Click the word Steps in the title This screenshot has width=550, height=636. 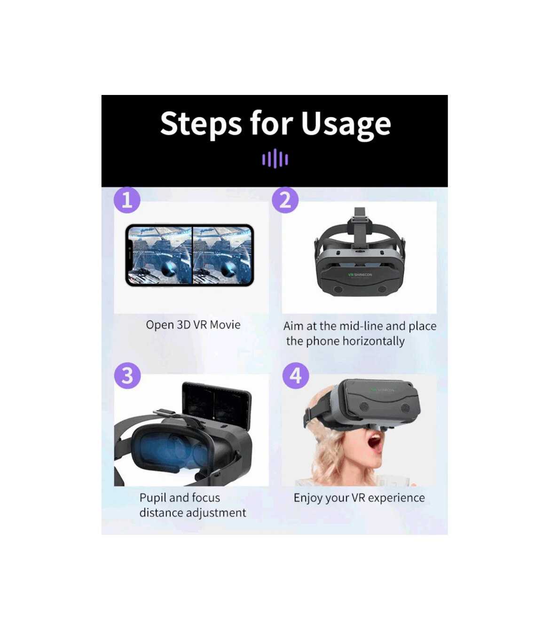(x=201, y=124)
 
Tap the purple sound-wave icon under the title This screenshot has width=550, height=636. (x=275, y=159)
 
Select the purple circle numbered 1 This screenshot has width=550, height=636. (x=127, y=200)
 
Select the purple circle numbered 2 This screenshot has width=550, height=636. (x=285, y=200)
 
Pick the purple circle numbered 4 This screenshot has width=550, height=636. (x=296, y=376)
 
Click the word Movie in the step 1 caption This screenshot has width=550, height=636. (x=225, y=325)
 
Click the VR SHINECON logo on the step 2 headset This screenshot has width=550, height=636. (x=360, y=275)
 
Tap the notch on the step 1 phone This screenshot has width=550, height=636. (x=130, y=255)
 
